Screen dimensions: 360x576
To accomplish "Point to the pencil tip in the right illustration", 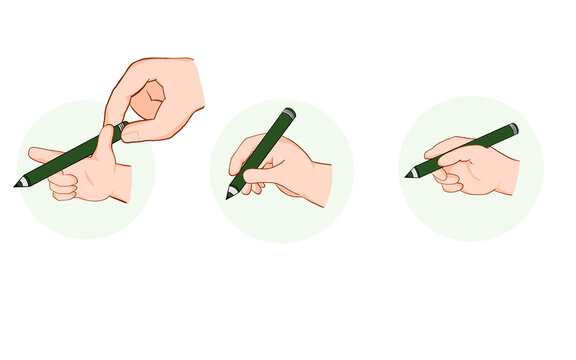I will pyautogui.click(x=409, y=175).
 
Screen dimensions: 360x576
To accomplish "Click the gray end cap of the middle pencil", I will pyautogui.click(x=289, y=113).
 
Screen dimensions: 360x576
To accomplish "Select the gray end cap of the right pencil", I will pyautogui.click(x=513, y=129).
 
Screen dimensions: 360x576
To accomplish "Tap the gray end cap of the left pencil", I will pyautogui.click(x=124, y=126).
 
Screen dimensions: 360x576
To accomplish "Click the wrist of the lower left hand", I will pyautogui.click(x=122, y=183).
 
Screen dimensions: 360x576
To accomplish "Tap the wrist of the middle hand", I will pyautogui.click(x=320, y=185).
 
